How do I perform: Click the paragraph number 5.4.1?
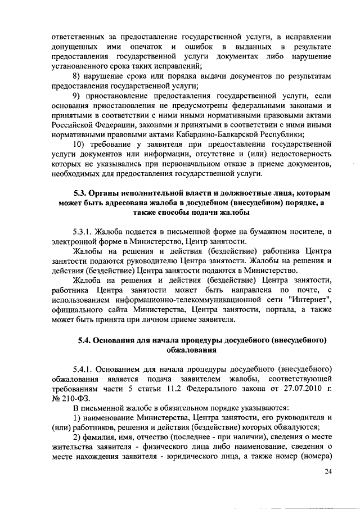click(83, 369)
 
